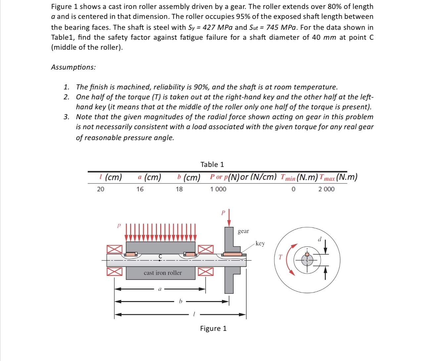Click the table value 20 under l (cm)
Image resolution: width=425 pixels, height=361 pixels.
(100, 189)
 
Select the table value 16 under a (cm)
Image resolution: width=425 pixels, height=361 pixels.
(140, 189)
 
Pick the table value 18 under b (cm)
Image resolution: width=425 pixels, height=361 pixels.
(179, 189)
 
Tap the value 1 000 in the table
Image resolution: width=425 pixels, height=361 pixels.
(218, 189)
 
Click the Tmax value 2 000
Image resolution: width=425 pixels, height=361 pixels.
(326, 189)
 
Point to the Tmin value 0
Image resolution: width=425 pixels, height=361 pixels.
(293, 189)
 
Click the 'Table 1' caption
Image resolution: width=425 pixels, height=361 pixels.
(212, 164)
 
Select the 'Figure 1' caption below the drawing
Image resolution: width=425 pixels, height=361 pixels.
(213, 328)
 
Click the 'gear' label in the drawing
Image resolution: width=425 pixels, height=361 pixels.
(243, 231)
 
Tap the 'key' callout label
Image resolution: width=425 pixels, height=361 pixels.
(260, 243)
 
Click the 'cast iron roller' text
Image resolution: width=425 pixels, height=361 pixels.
(163, 273)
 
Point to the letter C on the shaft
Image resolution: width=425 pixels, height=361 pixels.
(161, 256)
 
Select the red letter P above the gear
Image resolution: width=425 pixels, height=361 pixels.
(223, 213)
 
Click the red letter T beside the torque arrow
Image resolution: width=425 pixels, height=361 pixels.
(280, 257)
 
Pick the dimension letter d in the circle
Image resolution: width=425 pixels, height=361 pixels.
(319, 239)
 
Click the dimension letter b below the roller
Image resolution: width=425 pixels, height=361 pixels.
(180, 301)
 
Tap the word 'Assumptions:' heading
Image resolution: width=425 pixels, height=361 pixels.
(73, 67)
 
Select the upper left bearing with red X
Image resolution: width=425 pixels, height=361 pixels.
(114, 249)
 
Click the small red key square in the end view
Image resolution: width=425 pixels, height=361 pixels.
(307, 254)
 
